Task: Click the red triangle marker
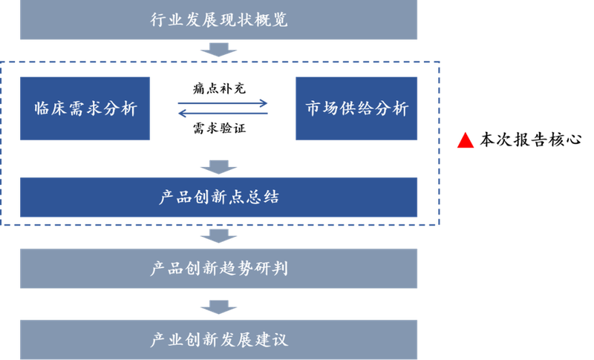tap(466, 140)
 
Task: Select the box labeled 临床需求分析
tap(85, 108)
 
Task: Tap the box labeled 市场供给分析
tap(357, 108)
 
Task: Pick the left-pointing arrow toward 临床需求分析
tap(223, 114)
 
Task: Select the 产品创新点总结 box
tap(218, 197)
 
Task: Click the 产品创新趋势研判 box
tap(218, 268)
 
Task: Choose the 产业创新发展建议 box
tap(218, 340)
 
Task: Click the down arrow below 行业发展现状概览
tap(218, 50)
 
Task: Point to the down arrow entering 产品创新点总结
tap(218, 166)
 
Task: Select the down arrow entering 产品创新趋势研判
tap(218, 236)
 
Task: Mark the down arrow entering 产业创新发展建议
tap(218, 306)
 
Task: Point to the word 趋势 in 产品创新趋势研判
tap(236, 268)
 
